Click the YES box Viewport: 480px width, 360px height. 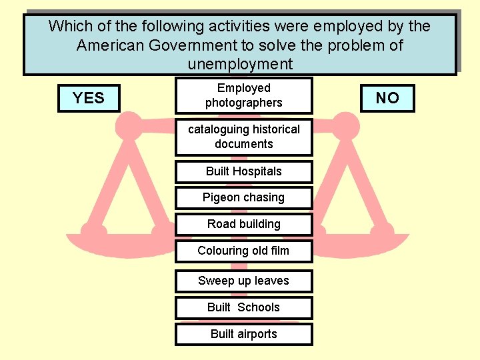89,98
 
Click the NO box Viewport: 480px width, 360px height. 387,98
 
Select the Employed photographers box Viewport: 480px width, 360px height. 243,95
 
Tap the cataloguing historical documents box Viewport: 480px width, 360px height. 243,137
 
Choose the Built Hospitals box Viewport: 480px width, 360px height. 243,171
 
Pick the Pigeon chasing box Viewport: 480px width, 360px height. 243,197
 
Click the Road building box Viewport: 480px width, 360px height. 243,224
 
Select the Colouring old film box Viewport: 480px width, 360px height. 243,251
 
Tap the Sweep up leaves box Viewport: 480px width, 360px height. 243,281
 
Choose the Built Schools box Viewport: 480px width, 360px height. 243,307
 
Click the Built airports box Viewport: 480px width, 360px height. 243,334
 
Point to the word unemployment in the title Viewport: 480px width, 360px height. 240,65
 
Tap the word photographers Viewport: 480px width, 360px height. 243,103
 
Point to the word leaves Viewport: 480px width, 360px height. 270,281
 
